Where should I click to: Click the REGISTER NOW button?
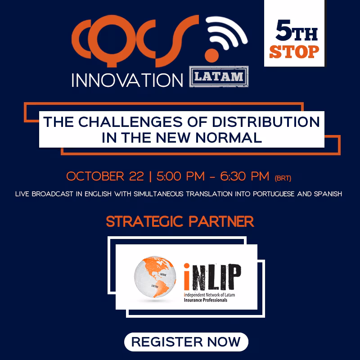186,342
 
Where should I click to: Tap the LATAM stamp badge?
219,76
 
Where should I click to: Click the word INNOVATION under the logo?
127,81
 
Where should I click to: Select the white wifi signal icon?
226,32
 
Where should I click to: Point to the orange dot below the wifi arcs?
211,55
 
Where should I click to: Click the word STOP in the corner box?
294,52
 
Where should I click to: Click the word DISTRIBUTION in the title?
265,121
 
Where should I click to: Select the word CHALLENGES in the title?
130,121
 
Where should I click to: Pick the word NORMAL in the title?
229,138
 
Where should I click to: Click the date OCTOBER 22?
105,176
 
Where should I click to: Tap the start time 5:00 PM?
180,176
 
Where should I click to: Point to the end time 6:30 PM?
244,176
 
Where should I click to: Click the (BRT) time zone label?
283,178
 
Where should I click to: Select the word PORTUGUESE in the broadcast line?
274,194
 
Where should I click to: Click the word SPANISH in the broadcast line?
328,194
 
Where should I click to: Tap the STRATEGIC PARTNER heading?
180,221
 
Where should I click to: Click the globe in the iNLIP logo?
155,277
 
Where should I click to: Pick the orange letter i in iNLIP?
187,277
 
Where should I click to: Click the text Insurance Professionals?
206,300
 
